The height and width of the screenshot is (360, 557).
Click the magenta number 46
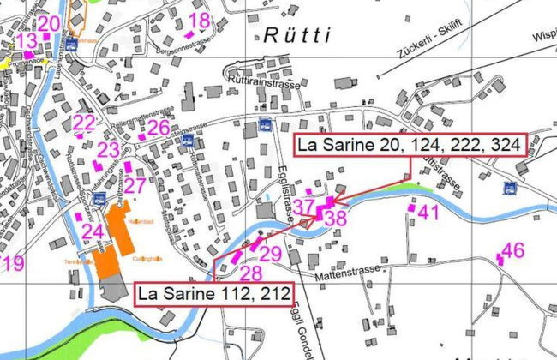click(x=512, y=250)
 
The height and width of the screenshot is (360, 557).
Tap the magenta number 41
click(x=428, y=213)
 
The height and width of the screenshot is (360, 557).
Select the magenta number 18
click(x=199, y=21)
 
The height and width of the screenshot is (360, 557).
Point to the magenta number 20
click(x=49, y=23)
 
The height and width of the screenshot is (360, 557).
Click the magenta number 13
click(x=27, y=40)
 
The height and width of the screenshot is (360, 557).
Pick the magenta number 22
click(x=84, y=123)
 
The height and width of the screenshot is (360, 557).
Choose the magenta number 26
click(x=158, y=128)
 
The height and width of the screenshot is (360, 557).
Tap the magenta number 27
click(x=135, y=186)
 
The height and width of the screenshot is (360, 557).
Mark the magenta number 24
click(x=93, y=231)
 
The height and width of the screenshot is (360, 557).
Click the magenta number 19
click(x=13, y=263)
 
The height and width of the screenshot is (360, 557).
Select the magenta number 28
click(x=250, y=273)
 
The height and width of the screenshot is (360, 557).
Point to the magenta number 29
click(x=270, y=254)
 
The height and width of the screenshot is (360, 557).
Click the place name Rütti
click(x=296, y=36)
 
